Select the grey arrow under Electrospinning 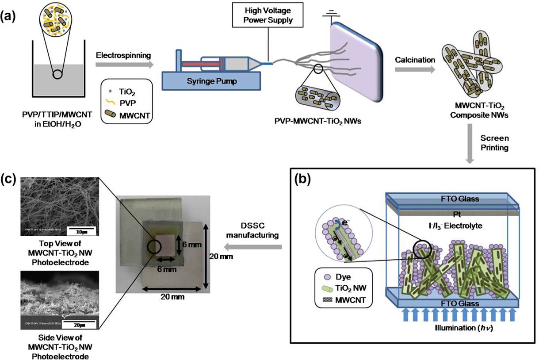[x=125, y=65]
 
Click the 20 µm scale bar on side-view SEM [x=80, y=324]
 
